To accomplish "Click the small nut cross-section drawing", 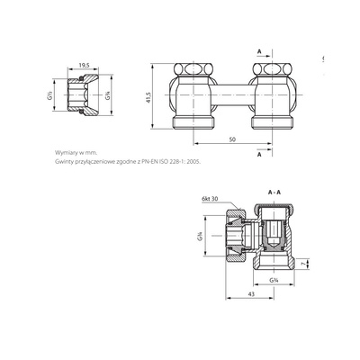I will pos(84,94).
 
